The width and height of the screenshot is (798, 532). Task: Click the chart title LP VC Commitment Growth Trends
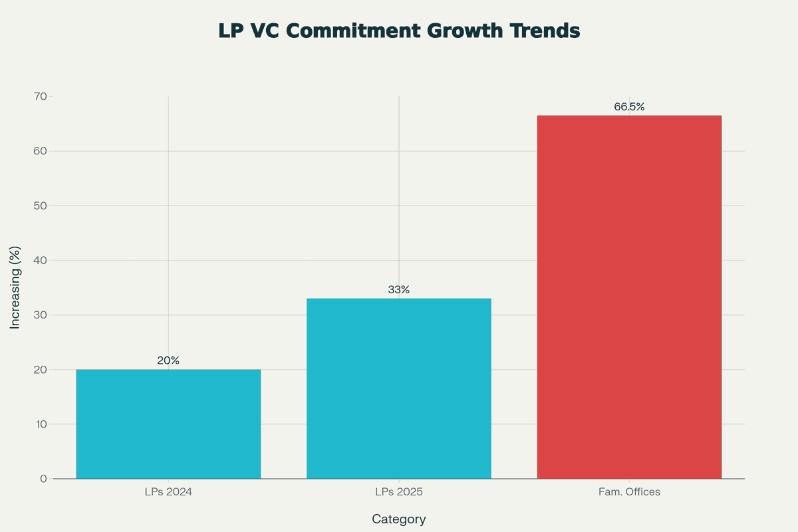(399, 31)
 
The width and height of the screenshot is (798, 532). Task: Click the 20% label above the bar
(168, 360)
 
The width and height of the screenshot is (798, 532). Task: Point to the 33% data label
(399, 289)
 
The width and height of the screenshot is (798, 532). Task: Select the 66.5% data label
(629, 106)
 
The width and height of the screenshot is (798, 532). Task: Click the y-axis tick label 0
(43, 479)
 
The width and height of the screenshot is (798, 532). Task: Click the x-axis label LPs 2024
(168, 493)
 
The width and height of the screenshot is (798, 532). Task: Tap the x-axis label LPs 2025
(399, 493)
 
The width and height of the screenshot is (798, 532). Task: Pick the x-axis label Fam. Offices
(629, 493)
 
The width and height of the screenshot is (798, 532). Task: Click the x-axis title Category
(399, 519)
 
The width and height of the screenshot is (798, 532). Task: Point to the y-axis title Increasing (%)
(15, 287)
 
